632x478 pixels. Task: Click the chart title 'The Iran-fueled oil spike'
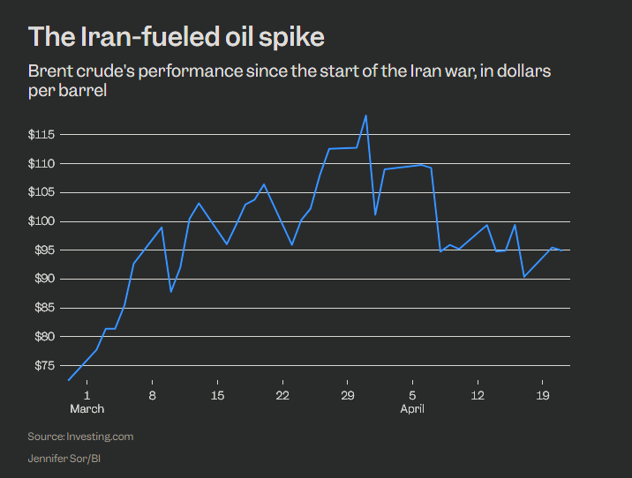tap(177, 37)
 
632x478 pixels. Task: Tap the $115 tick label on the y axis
tap(42, 135)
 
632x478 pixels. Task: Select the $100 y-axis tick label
tap(42, 221)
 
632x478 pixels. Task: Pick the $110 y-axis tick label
tap(42, 164)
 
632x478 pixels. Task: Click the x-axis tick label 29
tap(347, 394)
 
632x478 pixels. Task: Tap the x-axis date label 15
tap(217, 394)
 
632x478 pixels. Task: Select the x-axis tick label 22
tap(282, 394)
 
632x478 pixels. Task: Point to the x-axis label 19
tap(542, 394)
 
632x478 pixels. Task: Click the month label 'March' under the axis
tap(87, 408)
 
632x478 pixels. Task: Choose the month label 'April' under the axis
tap(412, 408)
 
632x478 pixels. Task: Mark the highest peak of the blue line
tap(365, 116)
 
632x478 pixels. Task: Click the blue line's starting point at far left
tap(68, 380)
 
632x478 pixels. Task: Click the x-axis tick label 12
tap(477, 394)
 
